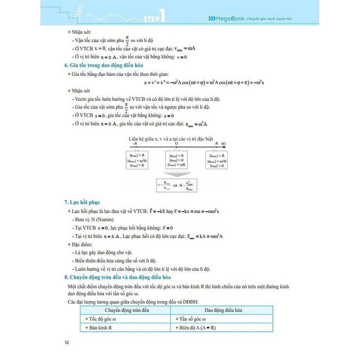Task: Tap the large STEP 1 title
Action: [x=154, y=17]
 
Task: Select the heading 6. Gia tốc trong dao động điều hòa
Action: [x=103, y=65]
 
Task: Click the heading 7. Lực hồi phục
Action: [x=82, y=202]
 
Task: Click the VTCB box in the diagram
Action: [x=176, y=160]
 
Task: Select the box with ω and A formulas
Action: [x=176, y=185]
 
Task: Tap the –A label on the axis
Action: [x=135, y=143]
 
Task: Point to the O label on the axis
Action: [x=176, y=143]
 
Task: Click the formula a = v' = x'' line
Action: [x=204, y=82]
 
